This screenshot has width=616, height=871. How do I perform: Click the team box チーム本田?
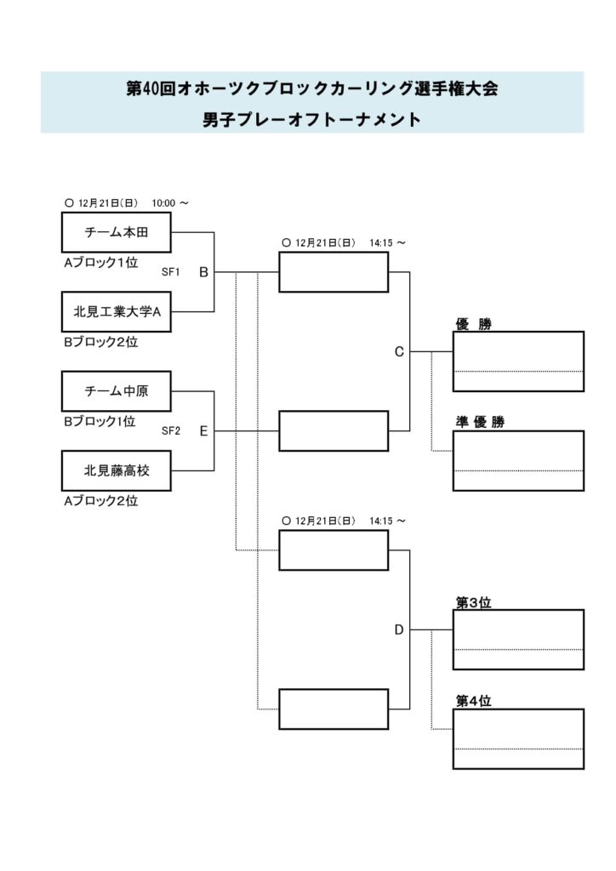coord(117,232)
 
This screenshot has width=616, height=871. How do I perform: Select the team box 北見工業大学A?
coord(117,311)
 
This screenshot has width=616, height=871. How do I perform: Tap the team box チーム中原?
coord(117,391)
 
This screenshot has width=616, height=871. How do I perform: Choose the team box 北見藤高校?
coord(117,470)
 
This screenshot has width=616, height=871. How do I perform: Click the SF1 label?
coord(171,272)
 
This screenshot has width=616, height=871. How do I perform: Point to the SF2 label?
coord(171,431)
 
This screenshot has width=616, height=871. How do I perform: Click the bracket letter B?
coord(203,272)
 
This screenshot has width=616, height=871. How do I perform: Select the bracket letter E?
coord(203,431)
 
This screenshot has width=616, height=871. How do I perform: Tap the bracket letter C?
coord(398,352)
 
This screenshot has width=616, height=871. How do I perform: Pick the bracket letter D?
coord(398,630)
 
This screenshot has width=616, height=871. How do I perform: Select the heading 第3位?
coord(473,602)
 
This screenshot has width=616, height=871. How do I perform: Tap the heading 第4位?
coord(473,702)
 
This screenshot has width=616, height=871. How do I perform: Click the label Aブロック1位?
coord(100,263)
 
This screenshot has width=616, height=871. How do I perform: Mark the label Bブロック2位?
coord(100,343)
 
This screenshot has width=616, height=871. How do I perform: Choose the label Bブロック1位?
coord(100,422)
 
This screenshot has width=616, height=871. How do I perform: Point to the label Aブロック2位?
coord(100,501)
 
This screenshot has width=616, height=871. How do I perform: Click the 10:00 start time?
coord(164,203)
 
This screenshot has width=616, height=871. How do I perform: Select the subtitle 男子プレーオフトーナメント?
coord(311,120)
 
